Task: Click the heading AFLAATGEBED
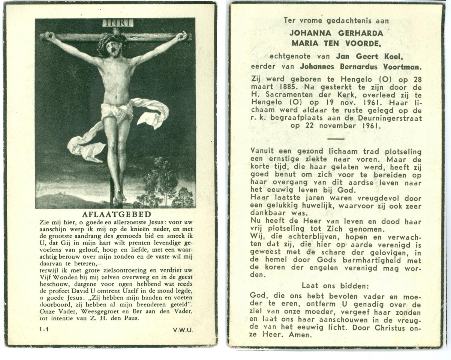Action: pos(116,214)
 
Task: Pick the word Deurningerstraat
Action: pos(390,118)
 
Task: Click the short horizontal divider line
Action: pos(336,139)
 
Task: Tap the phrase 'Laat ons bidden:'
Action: pos(335,286)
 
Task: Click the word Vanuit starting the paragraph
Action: pos(263,151)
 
